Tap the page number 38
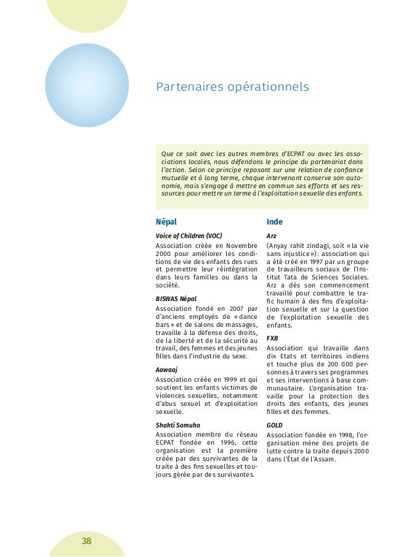click(86, 542)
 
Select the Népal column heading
click(166, 222)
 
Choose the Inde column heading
click(275, 222)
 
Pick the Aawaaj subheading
click(168, 369)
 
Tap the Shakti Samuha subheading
click(178, 424)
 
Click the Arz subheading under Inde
click(271, 236)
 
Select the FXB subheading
click(272, 338)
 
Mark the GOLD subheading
click(275, 425)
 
